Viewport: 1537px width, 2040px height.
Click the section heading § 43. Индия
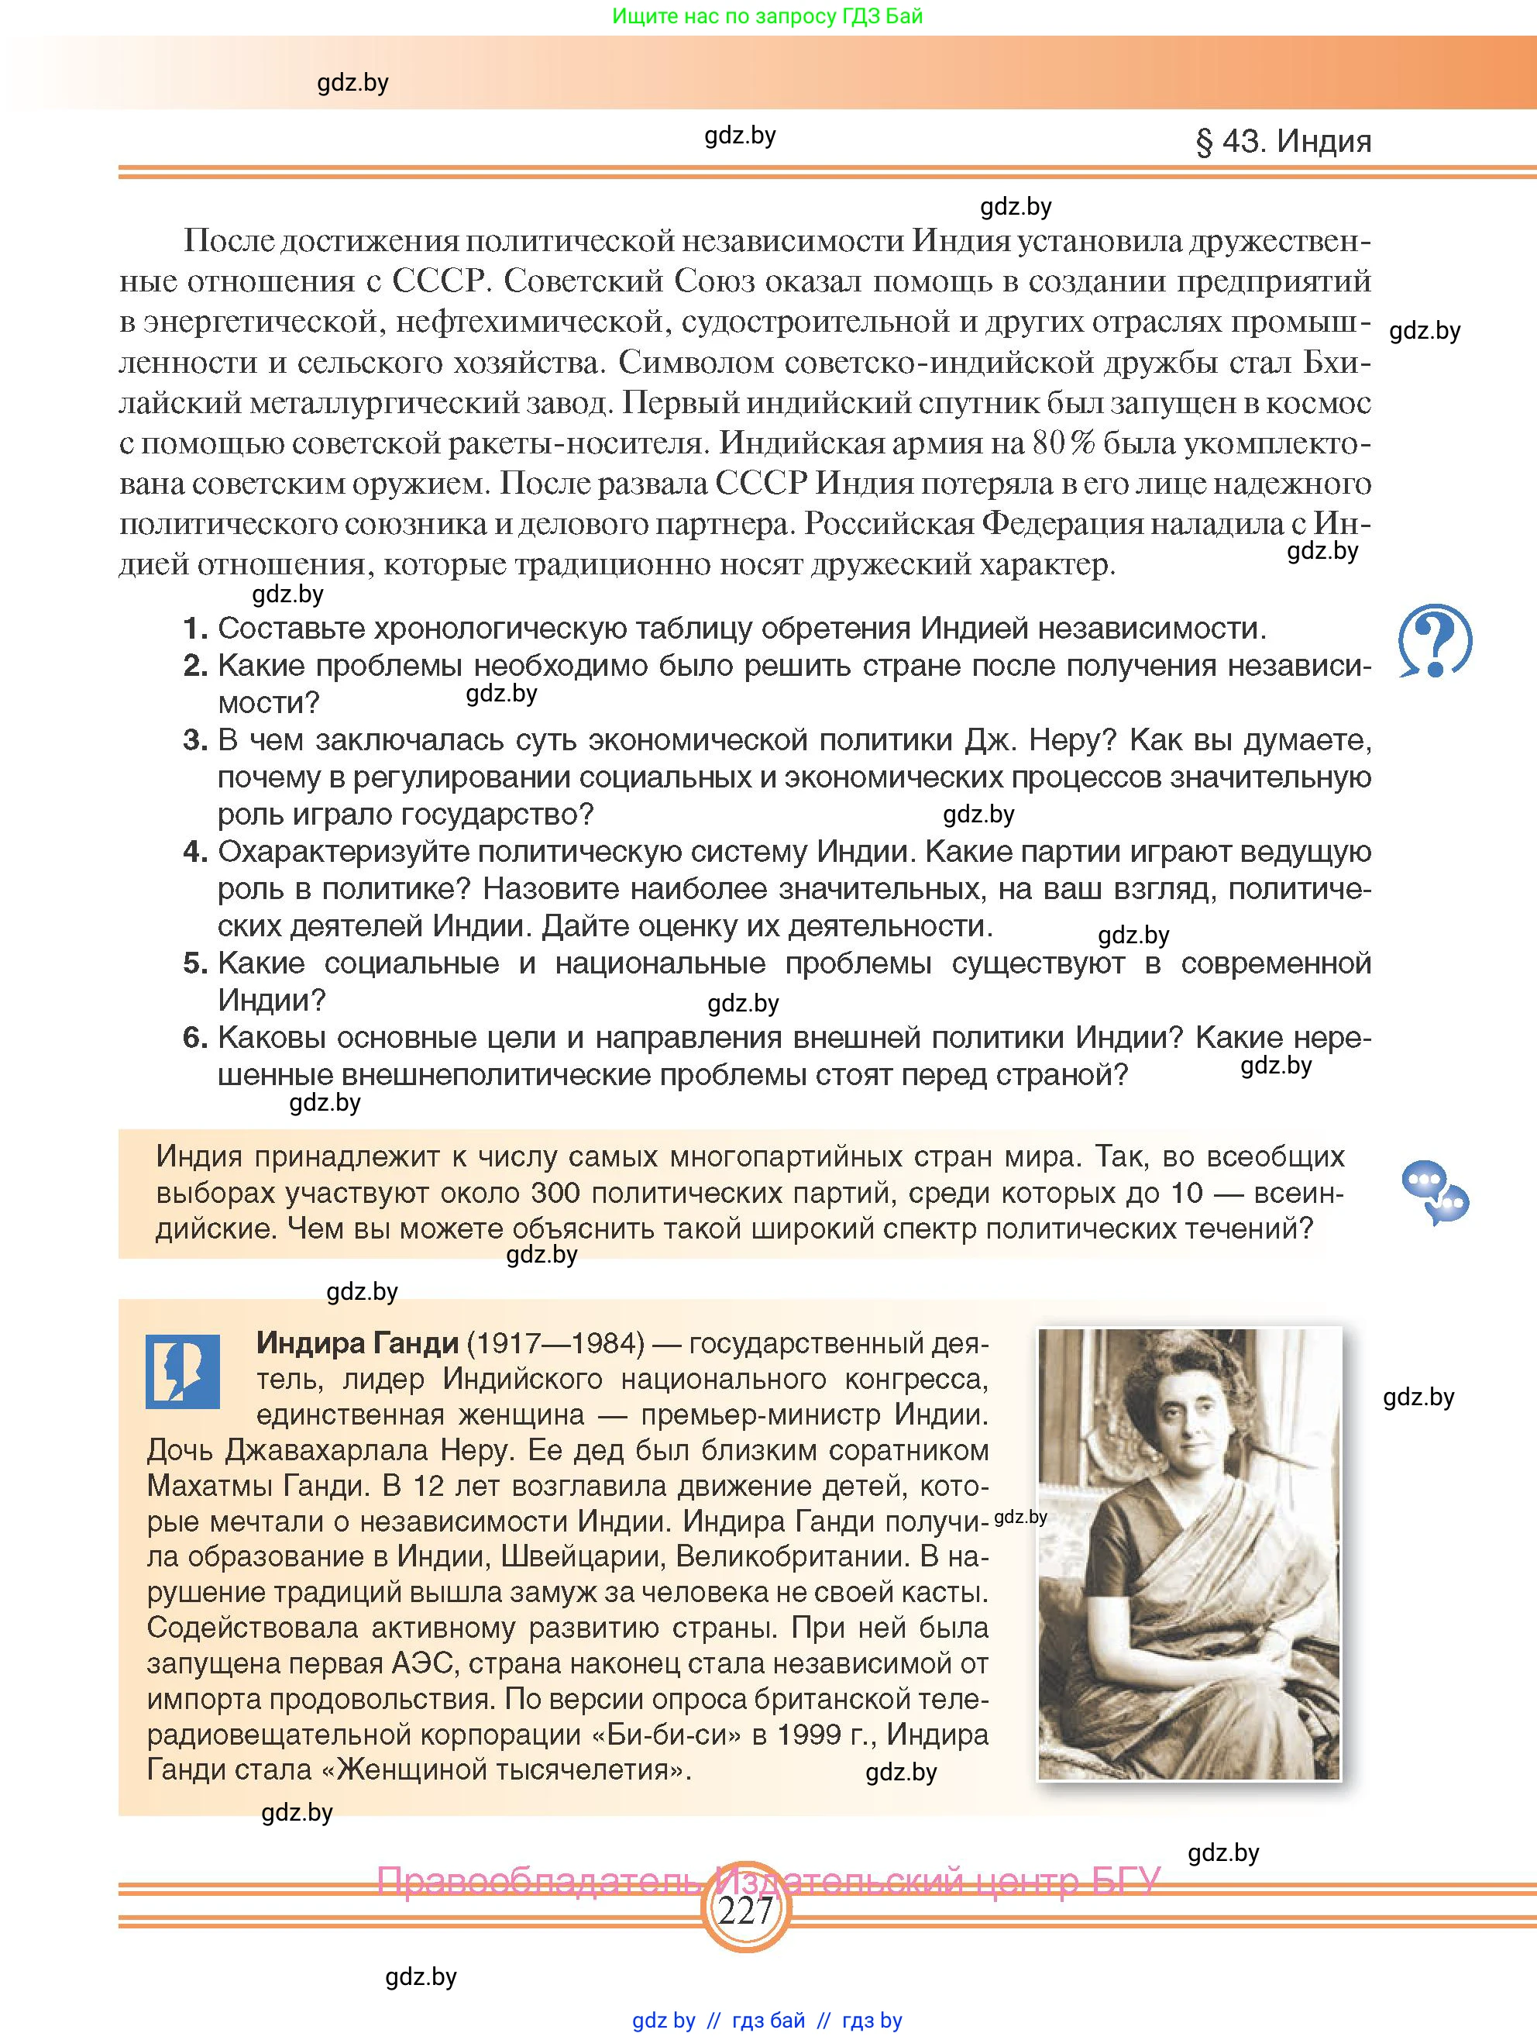(1283, 141)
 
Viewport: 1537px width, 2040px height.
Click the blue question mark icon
(1434, 641)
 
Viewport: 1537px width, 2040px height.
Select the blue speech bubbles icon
(1434, 1193)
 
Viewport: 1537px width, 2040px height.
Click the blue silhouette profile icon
(183, 1371)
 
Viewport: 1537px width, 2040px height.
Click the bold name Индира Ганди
(357, 1342)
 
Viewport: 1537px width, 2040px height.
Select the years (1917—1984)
(555, 1342)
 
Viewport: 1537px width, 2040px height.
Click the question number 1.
(194, 629)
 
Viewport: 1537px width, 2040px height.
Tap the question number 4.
(194, 851)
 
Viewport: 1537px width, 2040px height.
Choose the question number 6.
(194, 1038)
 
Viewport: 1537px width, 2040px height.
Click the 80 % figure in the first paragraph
(1063, 443)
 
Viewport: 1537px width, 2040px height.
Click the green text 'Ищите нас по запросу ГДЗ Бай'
(767, 16)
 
